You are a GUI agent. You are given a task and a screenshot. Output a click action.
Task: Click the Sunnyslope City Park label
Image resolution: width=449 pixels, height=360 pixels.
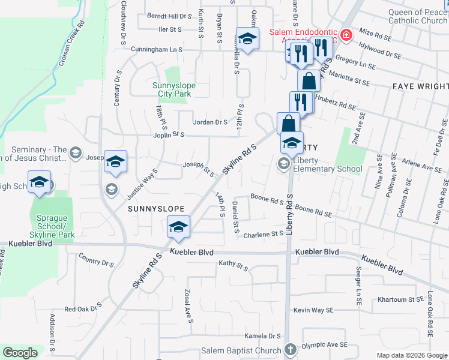click(175, 89)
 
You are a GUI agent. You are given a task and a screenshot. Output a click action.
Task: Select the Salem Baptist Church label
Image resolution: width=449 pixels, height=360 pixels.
click(250, 350)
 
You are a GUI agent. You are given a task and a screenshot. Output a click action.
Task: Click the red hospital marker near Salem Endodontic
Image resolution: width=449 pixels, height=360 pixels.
click(346, 35)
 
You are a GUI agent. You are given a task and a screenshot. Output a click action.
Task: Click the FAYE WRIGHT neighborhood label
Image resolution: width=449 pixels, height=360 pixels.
click(420, 86)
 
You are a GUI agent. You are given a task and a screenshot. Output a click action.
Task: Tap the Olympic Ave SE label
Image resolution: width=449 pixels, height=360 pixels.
click(325, 345)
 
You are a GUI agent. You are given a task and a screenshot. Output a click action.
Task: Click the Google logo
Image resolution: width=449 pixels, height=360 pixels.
click(20, 353)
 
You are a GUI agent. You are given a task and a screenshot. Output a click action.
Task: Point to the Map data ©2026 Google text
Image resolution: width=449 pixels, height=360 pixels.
click(411, 355)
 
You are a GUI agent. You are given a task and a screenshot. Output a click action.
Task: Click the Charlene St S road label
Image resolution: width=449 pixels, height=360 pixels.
click(264, 233)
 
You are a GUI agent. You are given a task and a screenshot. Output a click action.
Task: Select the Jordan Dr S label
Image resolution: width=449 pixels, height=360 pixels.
click(210, 122)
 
